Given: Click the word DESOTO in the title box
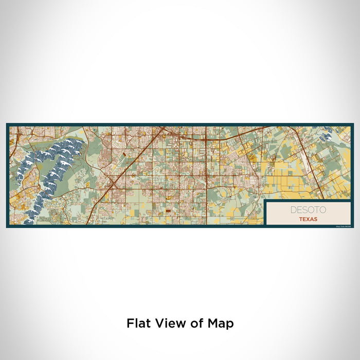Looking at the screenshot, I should coord(308,210).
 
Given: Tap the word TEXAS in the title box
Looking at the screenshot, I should coord(308,219).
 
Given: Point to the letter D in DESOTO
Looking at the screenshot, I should coord(293,210).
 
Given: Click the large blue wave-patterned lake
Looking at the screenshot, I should coord(51,170).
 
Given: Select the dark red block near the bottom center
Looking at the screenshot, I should coord(167,211).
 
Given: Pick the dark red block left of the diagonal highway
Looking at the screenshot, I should coord(123,153).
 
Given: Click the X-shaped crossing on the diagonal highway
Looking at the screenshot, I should coord(112,182).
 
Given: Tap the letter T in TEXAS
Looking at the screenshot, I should coord(299,219).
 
